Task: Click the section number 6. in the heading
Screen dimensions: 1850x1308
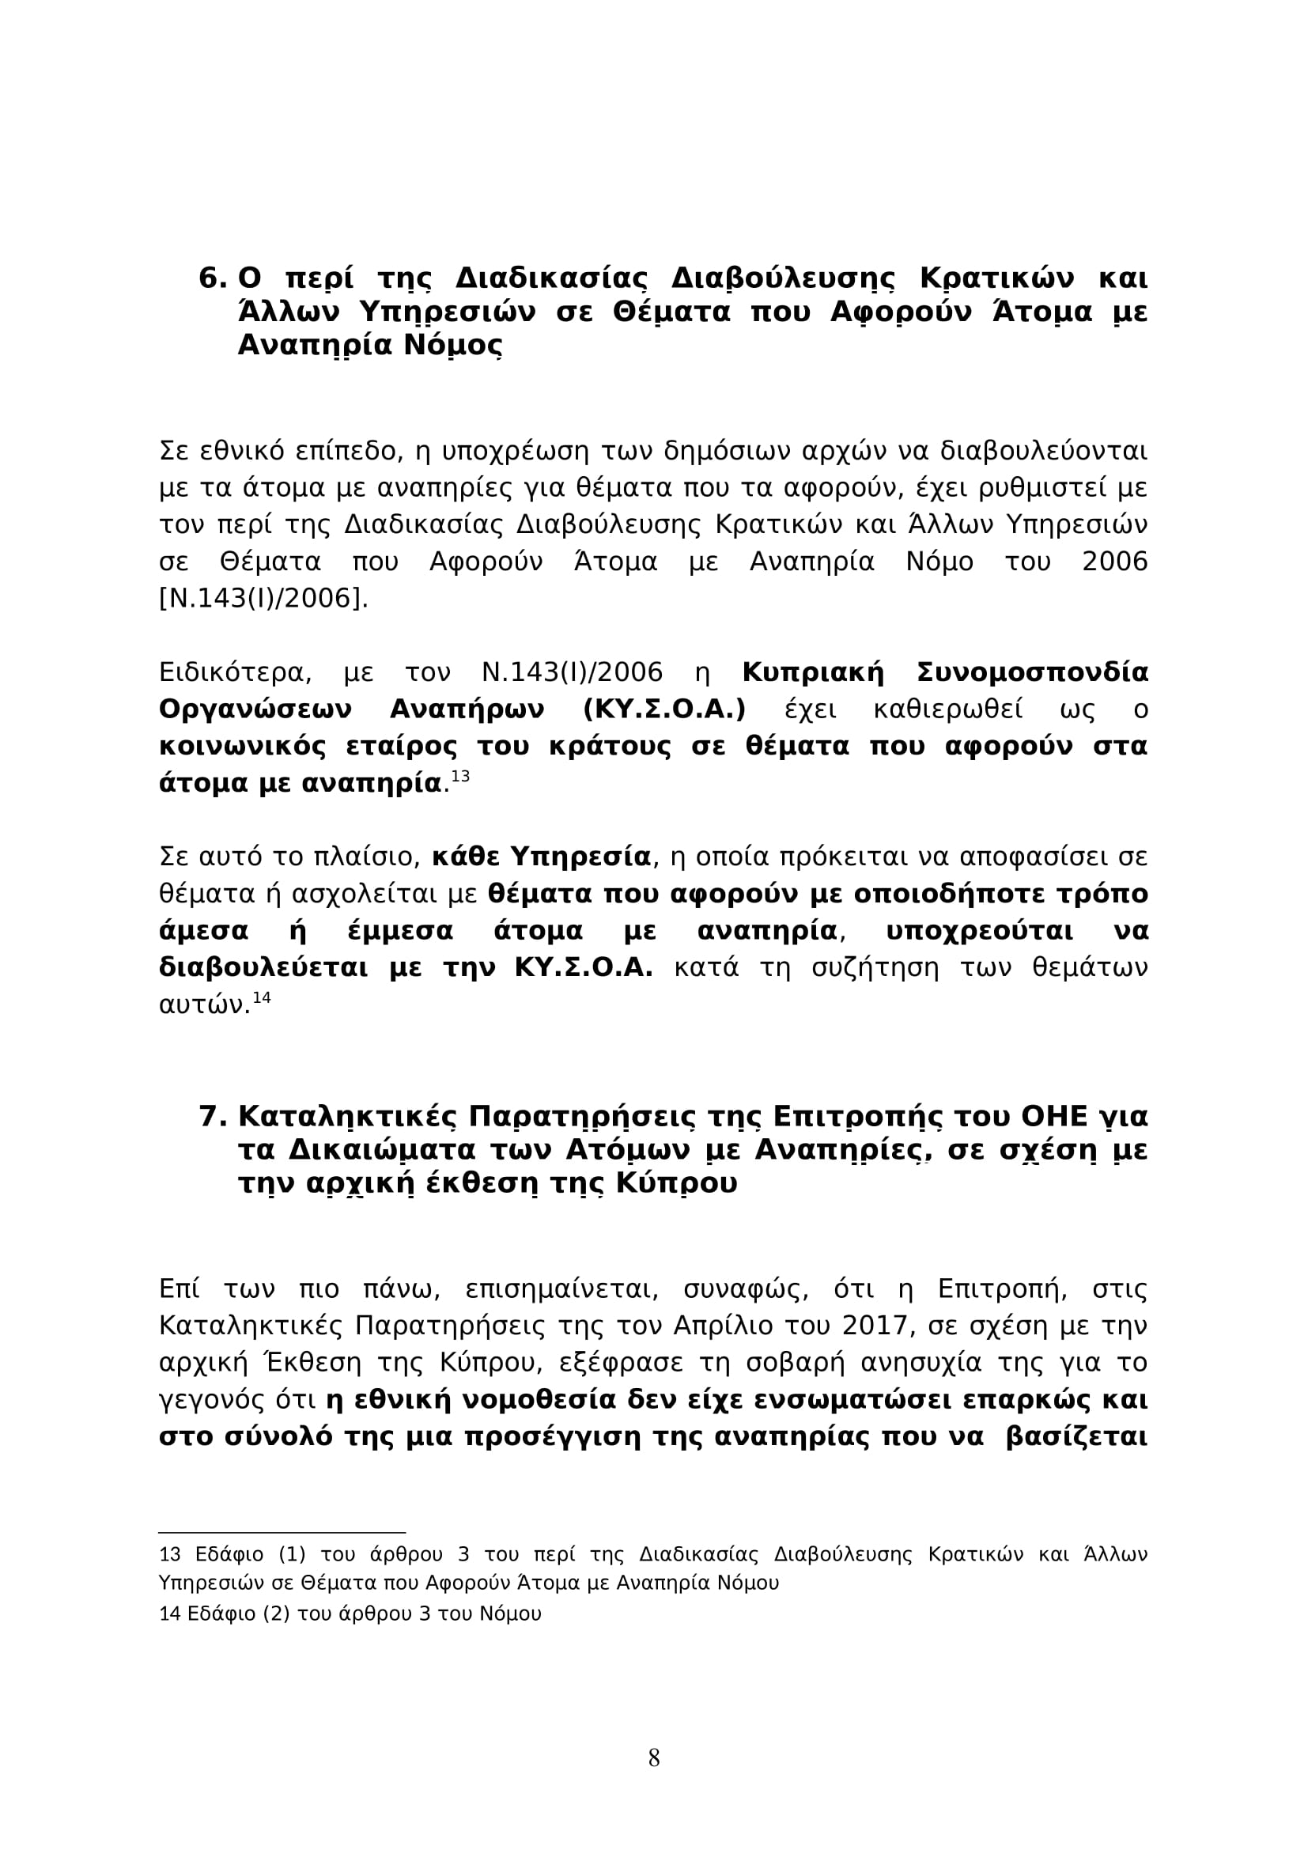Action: [x=214, y=278]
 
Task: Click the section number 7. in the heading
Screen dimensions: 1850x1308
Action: [x=214, y=1117]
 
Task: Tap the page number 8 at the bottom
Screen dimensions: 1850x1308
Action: [x=654, y=1757]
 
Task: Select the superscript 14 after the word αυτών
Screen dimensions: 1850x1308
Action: [x=262, y=997]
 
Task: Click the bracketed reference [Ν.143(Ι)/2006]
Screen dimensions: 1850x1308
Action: [x=263, y=598]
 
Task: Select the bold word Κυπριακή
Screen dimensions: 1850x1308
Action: [x=813, y=673]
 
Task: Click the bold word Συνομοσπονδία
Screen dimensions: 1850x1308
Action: [x=1033, y=673]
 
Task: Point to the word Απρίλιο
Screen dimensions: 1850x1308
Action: [x=724, y=1326]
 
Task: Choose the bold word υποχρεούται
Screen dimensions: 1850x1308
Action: [x=979, y=932]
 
